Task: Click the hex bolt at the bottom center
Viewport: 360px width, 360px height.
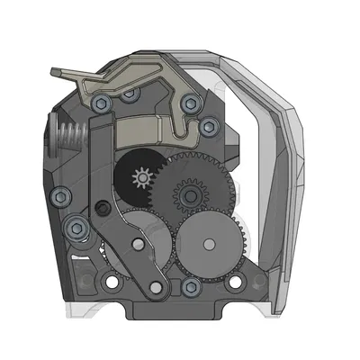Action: [x=189, y=287]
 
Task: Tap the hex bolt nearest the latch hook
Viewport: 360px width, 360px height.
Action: [x=189, y=104]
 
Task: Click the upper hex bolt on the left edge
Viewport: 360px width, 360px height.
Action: [x=58, y=196]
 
